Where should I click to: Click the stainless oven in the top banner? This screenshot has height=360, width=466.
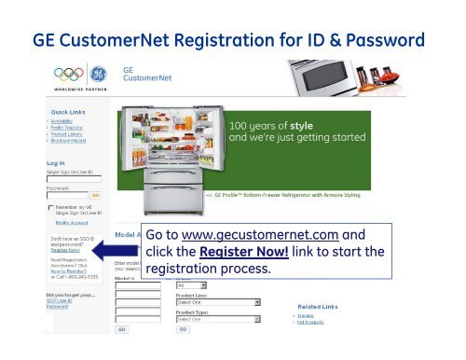(x=397, y=85)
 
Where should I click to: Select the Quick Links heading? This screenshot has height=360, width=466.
(x=68, y=112)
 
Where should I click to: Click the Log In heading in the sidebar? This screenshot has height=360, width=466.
(x=56, y=163)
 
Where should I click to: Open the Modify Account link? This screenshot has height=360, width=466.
(x=72, y=224)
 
